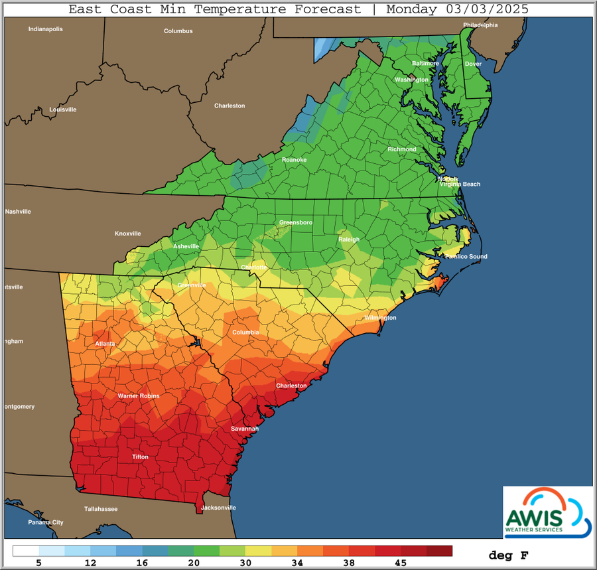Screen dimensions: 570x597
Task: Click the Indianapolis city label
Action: click(x=44, y=29)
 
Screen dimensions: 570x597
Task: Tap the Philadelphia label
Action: click(x=480, y=25)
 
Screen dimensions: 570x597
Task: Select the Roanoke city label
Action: click(x=294, y=160)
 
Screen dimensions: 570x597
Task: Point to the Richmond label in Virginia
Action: click(x=402, y=149)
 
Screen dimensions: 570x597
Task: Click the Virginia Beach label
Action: click(x=460, y=184)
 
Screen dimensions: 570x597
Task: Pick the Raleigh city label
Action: click(x=349, y=240)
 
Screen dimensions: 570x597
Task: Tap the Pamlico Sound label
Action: click(x=466, y=257)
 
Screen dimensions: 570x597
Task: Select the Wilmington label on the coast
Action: click(x=380, y=318)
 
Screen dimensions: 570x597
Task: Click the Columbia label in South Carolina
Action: click(x=245, y=332)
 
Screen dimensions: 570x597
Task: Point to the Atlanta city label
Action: click(x=105, y=344)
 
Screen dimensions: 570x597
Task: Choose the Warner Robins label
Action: click(x=139, y=395)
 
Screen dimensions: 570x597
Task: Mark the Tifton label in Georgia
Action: click(x=140, y=457)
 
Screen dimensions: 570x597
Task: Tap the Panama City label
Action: click(x=46, y=522)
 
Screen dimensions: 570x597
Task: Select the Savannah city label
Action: click(x=244, y=429)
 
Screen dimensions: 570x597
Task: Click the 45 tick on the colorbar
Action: click(x=401, y=563)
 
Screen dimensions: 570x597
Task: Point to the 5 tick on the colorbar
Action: click(x=39, y=563)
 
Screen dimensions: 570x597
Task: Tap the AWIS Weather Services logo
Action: click(x=547, y=511)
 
